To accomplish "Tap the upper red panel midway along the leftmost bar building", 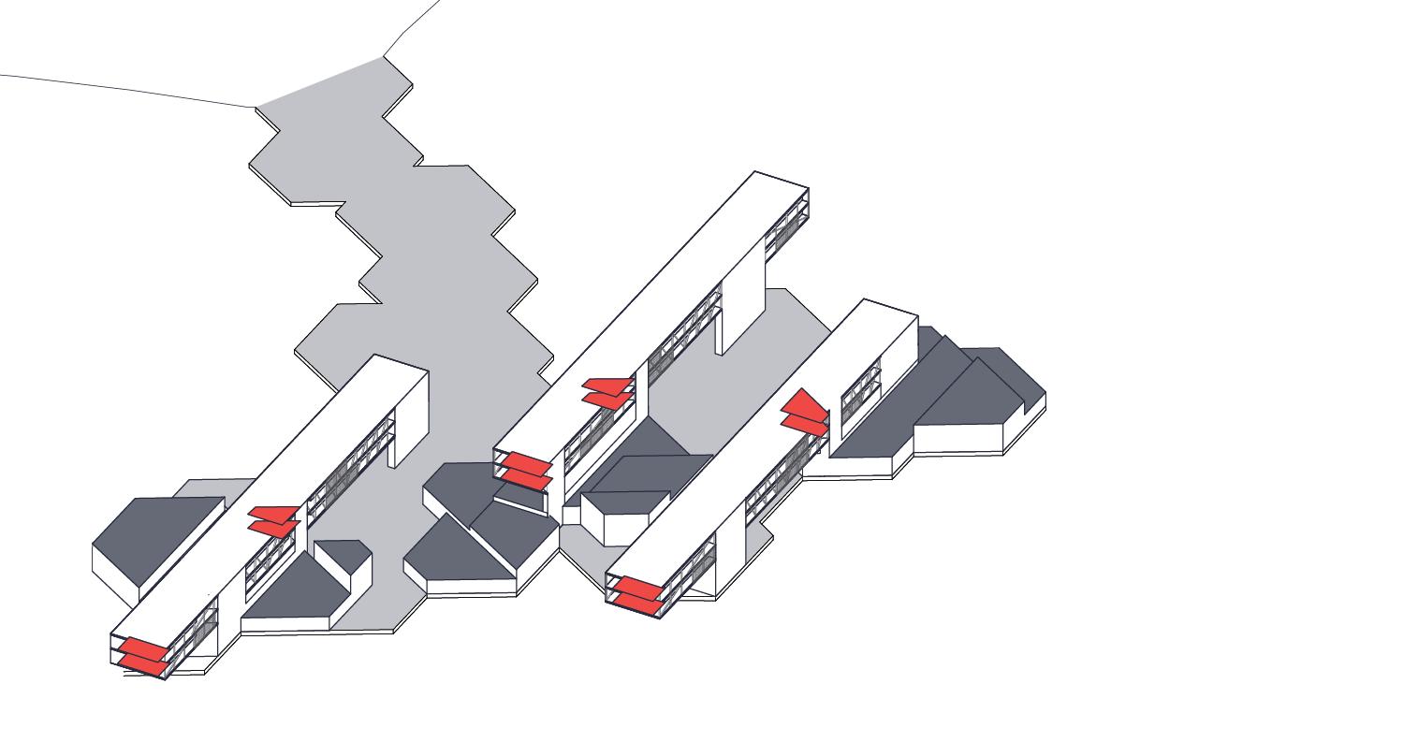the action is [x=273, y=513].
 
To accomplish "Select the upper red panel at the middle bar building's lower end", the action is [x=524, y=462].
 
